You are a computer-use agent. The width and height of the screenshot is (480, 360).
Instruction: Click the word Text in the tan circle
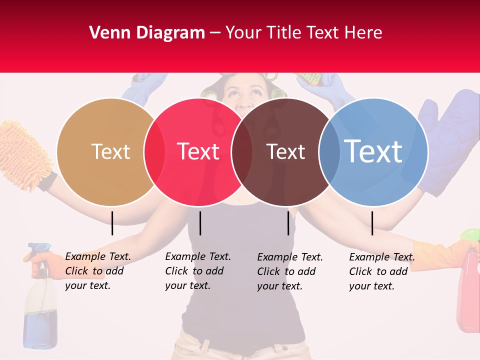(110, 151)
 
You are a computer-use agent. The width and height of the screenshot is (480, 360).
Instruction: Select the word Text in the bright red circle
(198, 151)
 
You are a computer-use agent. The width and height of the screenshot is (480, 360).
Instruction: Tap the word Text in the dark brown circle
(285, 151)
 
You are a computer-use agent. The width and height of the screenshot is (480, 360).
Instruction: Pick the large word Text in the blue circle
(373, 151)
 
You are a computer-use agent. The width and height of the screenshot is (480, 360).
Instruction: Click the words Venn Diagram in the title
(147, 33)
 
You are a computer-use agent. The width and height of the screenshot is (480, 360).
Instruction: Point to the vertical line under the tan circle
(112, 223)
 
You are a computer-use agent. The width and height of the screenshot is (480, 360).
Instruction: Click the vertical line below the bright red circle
(200, 223)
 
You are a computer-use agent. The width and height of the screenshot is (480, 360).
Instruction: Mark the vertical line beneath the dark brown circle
(288, 223)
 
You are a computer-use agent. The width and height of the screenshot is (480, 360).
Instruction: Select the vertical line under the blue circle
(372, 223)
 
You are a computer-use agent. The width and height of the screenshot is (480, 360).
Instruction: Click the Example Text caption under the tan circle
(97, 271)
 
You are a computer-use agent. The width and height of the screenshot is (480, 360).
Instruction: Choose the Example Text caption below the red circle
(197, 271)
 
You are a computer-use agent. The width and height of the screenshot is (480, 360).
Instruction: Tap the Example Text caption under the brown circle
(289, 271)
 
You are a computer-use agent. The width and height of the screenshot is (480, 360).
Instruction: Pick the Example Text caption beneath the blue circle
(381, 271)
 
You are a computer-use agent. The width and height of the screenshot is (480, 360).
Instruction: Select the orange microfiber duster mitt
(25, 152)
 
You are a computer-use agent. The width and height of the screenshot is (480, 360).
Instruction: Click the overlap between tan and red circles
(154, 151)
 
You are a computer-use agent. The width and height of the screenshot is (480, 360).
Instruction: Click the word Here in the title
(364, 33)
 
